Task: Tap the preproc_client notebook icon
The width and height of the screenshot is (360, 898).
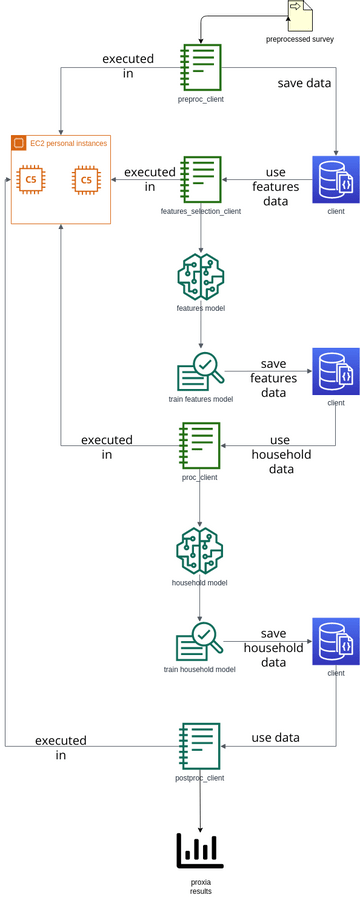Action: click(200, 67)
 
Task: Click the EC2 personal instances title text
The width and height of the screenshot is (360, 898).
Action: click(69, 144)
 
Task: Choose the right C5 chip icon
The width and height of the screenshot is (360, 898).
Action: click(86, 180)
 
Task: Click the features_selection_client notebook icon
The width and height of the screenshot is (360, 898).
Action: click(200, 180)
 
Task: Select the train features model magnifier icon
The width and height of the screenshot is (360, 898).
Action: click(200, 372)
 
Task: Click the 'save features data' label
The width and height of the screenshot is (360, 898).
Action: click(273, 378)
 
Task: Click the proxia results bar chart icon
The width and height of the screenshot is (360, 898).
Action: click(200, 850)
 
